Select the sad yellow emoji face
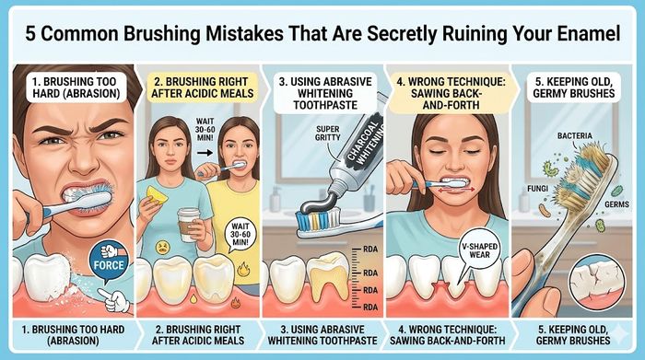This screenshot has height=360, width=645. coord(162,247)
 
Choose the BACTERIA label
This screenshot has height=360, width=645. coord(576,135)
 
